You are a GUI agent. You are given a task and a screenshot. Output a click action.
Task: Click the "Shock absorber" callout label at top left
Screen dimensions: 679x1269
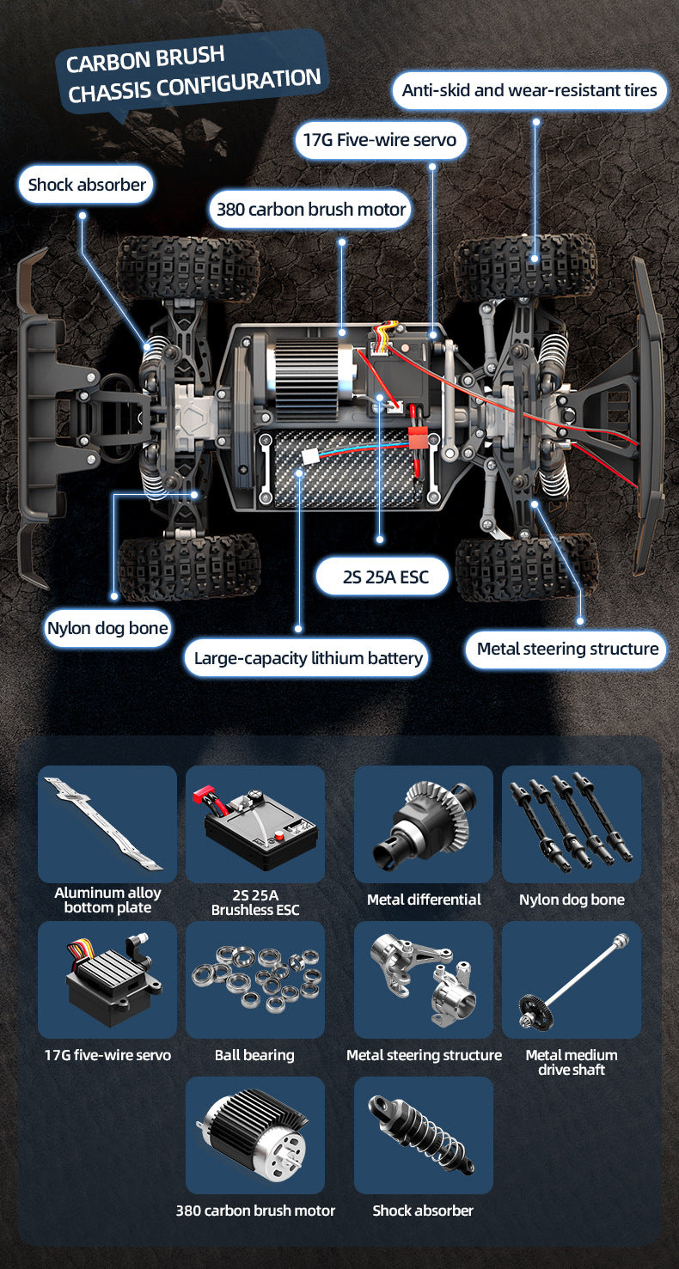[86, 185]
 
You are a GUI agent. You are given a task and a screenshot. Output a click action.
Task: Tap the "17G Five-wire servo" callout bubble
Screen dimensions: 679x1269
[380, 140]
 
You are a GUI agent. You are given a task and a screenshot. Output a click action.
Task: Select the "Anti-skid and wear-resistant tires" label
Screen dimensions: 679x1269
[529, 91]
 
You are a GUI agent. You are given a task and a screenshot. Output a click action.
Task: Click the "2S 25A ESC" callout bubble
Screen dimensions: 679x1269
[383, 577]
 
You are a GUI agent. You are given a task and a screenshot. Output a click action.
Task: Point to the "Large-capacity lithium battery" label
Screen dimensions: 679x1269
[307, 658]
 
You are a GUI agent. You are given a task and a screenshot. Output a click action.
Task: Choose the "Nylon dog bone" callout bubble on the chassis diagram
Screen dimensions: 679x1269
[107, 628]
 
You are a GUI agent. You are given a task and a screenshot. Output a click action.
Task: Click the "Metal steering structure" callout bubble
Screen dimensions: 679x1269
[566, 650]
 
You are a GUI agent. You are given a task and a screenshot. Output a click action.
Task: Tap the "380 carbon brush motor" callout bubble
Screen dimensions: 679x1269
[310, 210]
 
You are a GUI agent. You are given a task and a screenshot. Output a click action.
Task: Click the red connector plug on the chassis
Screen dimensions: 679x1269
[419, 438]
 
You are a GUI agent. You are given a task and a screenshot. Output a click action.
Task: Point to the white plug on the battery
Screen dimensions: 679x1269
[310, 456]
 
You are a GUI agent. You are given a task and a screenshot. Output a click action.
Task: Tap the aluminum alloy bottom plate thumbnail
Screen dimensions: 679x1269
[107, 824]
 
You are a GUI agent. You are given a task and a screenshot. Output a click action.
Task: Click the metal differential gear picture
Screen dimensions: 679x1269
[424, 824]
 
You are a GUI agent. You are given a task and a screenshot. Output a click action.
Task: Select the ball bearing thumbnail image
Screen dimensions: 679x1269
[255, 979]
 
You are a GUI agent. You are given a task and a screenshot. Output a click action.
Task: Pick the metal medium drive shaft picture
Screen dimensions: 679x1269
[572, 979]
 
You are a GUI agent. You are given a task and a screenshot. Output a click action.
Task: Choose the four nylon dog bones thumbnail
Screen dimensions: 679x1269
[572, 824]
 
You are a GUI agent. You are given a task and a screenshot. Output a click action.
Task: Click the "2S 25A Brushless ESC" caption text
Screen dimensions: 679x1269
[255, 902]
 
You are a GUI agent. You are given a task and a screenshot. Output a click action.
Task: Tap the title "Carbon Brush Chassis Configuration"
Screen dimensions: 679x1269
[193, 74]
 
